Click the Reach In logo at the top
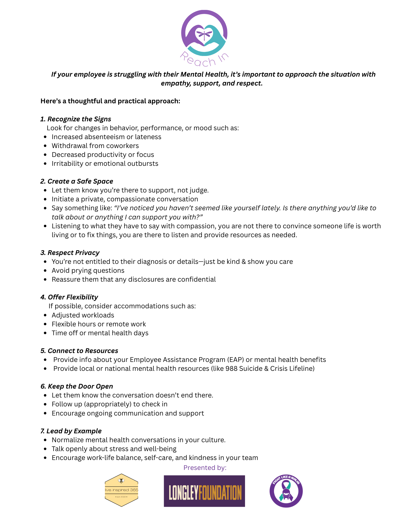pyautogui.click(x=204, y=38)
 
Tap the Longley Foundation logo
pyautogui.click(x=204, y=491)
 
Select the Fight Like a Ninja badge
pyautogui.click(x=286, y=491)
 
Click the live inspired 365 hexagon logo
pyautogui.click(x=121, y=490)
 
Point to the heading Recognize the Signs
pyautogui.click(x=76, y=119)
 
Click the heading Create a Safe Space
pyautogui.click(x=77, y=181)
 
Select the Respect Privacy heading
pyautogui.click(x=70, y=253)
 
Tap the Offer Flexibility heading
pyautogui.click(x=69, y=297)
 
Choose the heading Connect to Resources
pyautogui.click(x=79, y=351)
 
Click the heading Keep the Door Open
pyautogui.click(x=77, y=386)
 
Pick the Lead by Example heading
pyautogui.click(x=71, y=431)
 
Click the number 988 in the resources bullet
pyautogui.click(x=231, y=368)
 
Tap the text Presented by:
pyautogui.click(x=205, y=468)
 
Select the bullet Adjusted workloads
pyautogui.click(x=83, y=315)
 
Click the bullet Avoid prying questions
pyautogui.click(x=88, y=270)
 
